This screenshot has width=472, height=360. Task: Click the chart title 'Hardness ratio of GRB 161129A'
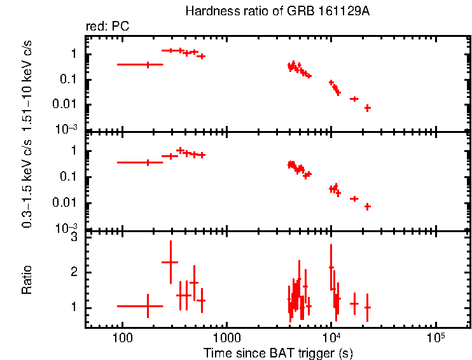click(277, 11)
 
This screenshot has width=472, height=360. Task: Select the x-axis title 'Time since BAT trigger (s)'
click(278, 352)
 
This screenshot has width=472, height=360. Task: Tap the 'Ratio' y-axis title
click(27, 279)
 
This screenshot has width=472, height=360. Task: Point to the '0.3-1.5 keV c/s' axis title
click(27, 181)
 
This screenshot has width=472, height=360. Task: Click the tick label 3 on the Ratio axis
click(74, 237)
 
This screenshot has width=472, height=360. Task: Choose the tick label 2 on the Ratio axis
click(74, 272)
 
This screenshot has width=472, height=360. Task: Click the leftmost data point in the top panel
click(148, 64)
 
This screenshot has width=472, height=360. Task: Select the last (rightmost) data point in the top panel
click(367, 108)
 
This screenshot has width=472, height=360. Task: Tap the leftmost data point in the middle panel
click(148, 162)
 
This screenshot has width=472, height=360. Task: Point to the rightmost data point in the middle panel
click(367, 206)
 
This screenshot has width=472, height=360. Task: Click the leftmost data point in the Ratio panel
click(148, 306)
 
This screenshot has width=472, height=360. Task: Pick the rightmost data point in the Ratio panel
click(367, 307)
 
